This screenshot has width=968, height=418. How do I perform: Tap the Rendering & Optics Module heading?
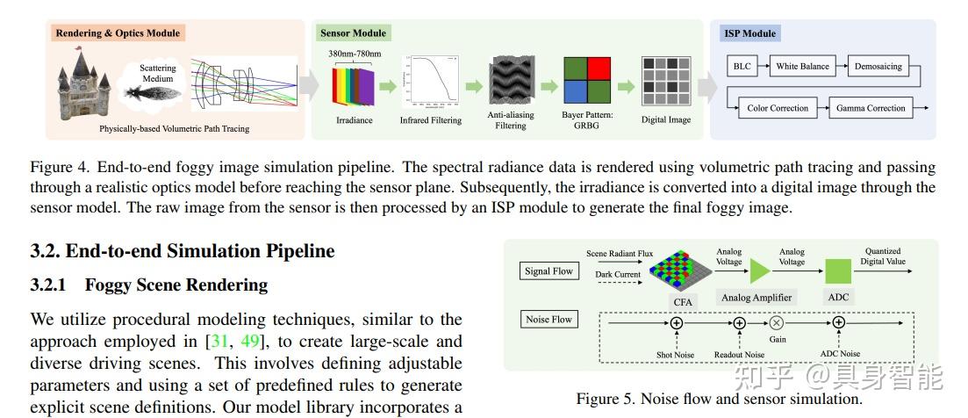(118, 33)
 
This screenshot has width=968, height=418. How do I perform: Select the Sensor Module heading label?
(353, 33)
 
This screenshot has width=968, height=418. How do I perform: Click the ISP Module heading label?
(749, 33)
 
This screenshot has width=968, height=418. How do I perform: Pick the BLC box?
(742, 67)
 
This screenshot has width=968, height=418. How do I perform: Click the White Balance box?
(802, 67)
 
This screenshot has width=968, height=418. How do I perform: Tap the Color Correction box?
(777, 109)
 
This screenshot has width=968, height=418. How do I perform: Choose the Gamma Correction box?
(870, 109)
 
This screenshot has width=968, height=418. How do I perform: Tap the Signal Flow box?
(549, 271)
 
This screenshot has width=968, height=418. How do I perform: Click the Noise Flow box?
(549, 320)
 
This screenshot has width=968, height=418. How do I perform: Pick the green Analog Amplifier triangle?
(758, 270)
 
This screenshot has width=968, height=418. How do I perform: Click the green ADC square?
(838, 270)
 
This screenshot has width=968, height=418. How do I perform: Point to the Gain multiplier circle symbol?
(777, 323)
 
